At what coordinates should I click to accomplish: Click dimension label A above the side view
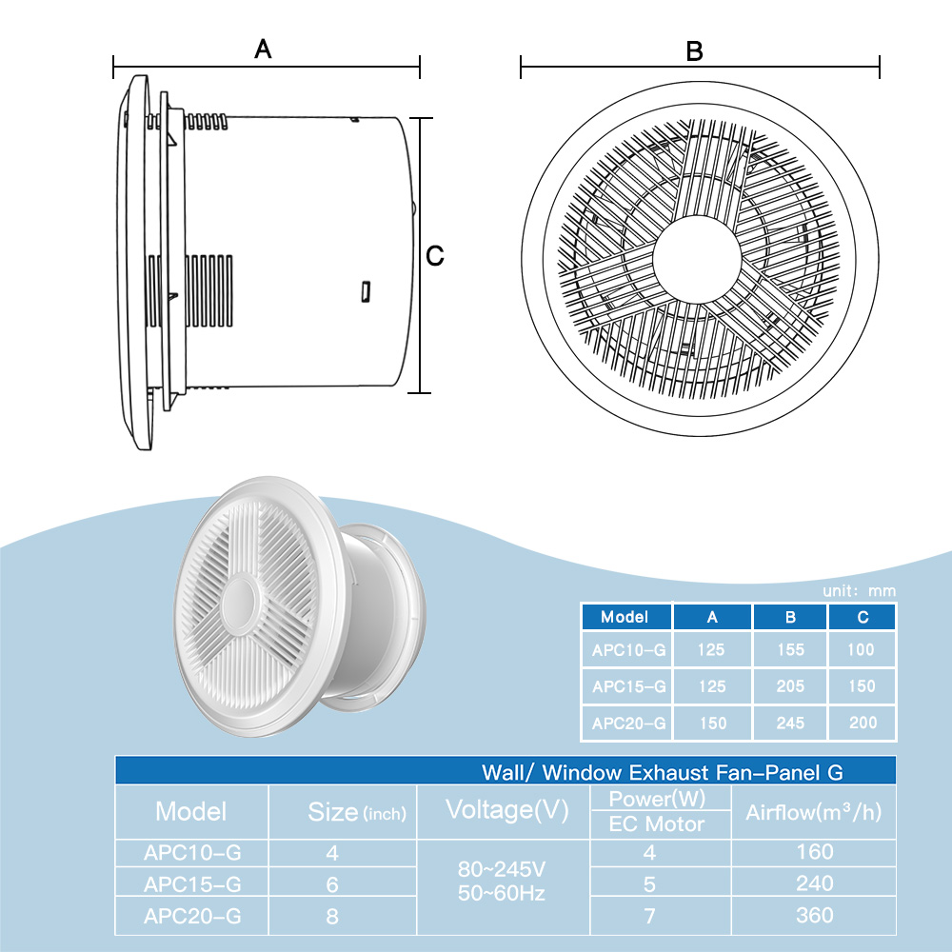coord(263,50)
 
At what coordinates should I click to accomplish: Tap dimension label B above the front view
coord(694,51)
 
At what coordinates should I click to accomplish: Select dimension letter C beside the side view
coord(435,256)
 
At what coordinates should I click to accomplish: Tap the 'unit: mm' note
coord(859,591)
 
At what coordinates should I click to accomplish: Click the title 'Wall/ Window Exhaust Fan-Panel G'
coord(662,772)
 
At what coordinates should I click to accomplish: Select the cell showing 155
coord(790,650)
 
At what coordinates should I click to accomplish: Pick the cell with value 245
coord(790,723)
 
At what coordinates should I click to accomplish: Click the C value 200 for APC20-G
coord(863,723)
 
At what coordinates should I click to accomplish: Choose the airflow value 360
coord(814,916)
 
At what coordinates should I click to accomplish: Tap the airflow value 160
coord(814,852)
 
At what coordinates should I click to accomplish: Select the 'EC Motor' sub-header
coord(656,824)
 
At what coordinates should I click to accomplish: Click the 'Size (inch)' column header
coord(357,812)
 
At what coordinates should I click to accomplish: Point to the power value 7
coord(649,916)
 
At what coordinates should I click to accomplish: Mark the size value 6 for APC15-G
coord(332,884)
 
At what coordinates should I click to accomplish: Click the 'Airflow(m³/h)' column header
coord(814,812)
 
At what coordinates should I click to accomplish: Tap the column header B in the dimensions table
coord(790,617)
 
